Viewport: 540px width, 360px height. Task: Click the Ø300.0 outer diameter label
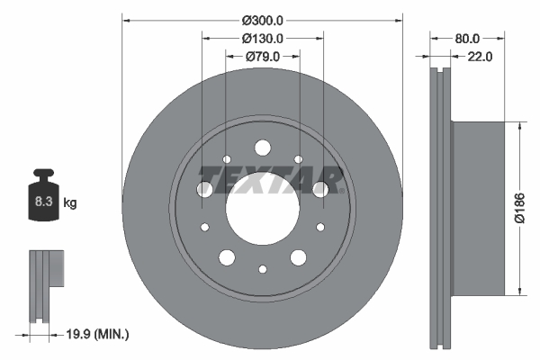(262, 21)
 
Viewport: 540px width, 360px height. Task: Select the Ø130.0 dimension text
(262, 39)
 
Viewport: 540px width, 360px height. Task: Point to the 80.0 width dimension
(467, 39)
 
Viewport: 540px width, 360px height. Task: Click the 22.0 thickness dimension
(481, 57)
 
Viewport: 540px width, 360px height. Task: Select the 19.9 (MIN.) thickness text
(97, 335)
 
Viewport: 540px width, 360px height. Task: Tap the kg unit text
(70, 203)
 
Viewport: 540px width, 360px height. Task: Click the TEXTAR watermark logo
(270, 177)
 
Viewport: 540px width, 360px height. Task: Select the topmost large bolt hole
(262, 147)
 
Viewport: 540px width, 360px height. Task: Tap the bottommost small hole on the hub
(262, 269)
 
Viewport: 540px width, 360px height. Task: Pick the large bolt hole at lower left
(226, 258)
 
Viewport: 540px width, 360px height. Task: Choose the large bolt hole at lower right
(298, 258)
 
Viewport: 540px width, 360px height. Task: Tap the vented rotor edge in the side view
(440, 207)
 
